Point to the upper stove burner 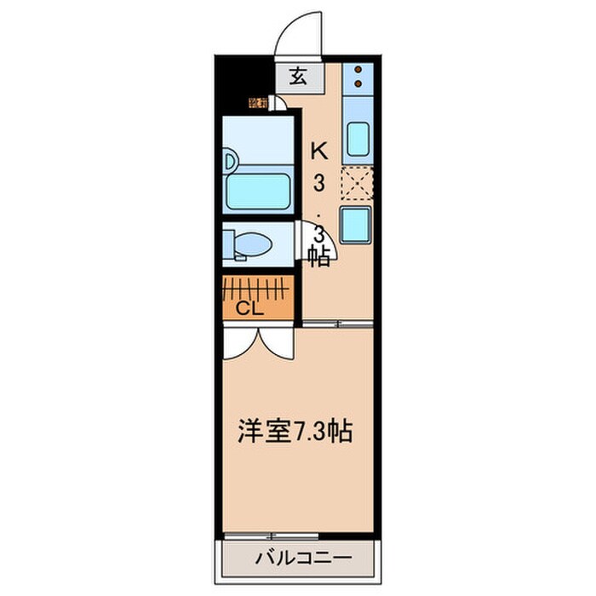(x=358, y=70)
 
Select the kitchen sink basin (x=358, y=140)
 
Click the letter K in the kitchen (x=318, y=151)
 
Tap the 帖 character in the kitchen (x=319, y=256)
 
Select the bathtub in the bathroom (x=259, y=192)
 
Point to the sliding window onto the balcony (x=272, y=536)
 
